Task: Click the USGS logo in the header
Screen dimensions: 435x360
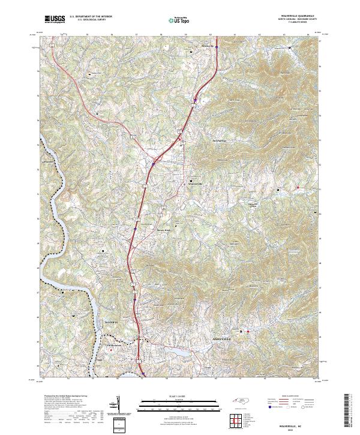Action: (55, 20)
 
